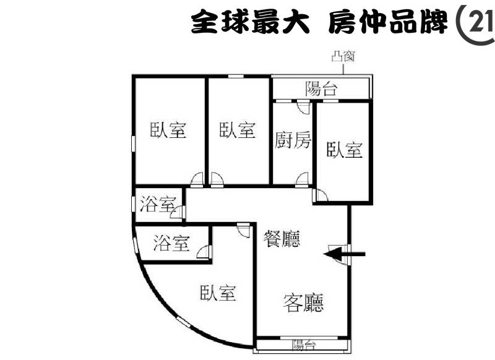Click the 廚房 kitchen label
293,140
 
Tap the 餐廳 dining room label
282,239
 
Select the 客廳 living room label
303,303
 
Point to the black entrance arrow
345,254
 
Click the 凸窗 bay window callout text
343,57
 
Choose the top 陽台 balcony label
321,88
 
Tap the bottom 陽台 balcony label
304,345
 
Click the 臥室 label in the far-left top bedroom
168,130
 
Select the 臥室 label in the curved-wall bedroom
218,293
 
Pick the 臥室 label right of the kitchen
345,150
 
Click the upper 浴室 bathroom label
158,204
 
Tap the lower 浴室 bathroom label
171,243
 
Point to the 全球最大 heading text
250,22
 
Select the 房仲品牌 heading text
388,22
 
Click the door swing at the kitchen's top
304,106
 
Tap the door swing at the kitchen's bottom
302,179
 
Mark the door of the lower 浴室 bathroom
203,252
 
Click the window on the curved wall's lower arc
183,322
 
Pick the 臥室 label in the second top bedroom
238,130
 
